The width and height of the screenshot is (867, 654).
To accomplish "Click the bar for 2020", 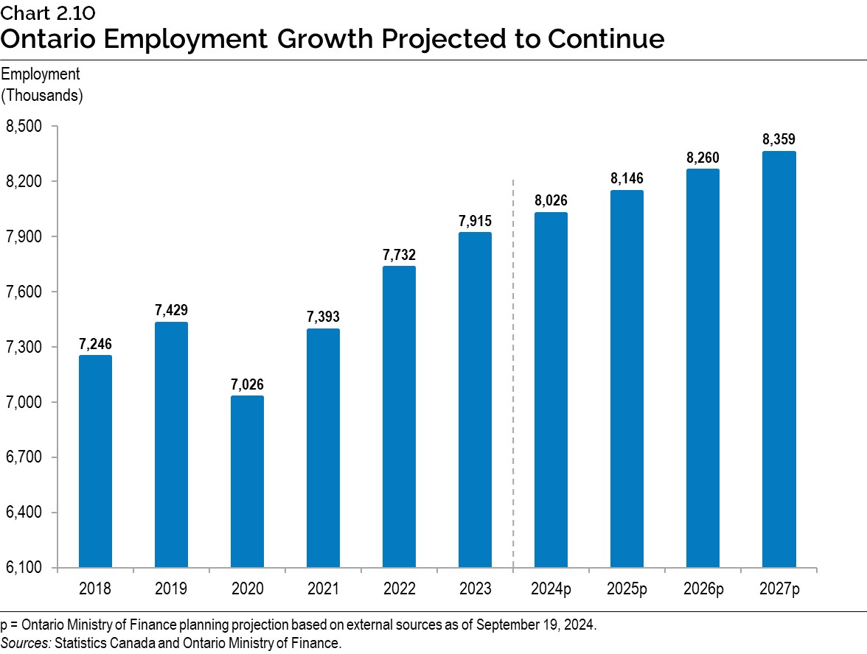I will click(247, 482).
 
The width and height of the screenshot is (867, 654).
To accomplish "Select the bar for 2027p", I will click(779, 359).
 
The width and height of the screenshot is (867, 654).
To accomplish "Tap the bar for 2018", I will click(95, 461).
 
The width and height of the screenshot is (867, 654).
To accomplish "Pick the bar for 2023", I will click(475, 400).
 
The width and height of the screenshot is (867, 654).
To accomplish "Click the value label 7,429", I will click(171, 311).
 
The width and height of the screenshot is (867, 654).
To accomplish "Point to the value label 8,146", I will click(627, 179).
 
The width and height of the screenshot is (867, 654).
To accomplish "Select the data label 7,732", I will click(399, 255).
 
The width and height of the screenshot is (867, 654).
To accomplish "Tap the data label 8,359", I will click(779, 140).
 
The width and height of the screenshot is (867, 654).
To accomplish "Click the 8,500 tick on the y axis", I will click(25, 127).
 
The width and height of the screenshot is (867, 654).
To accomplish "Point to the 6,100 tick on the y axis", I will click(25, 568).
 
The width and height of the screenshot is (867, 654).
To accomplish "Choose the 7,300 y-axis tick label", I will click(25, 347).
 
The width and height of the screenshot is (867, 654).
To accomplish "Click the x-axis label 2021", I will click(323, 588).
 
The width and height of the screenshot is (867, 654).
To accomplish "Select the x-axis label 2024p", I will click(551, 588).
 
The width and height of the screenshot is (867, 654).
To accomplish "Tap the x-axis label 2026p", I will click(703, 588).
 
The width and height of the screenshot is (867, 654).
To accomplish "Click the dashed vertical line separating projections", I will click(513, 368).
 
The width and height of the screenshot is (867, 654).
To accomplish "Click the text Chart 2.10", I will click(48, 13).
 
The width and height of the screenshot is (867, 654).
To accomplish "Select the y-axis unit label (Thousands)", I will click(42, 95).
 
